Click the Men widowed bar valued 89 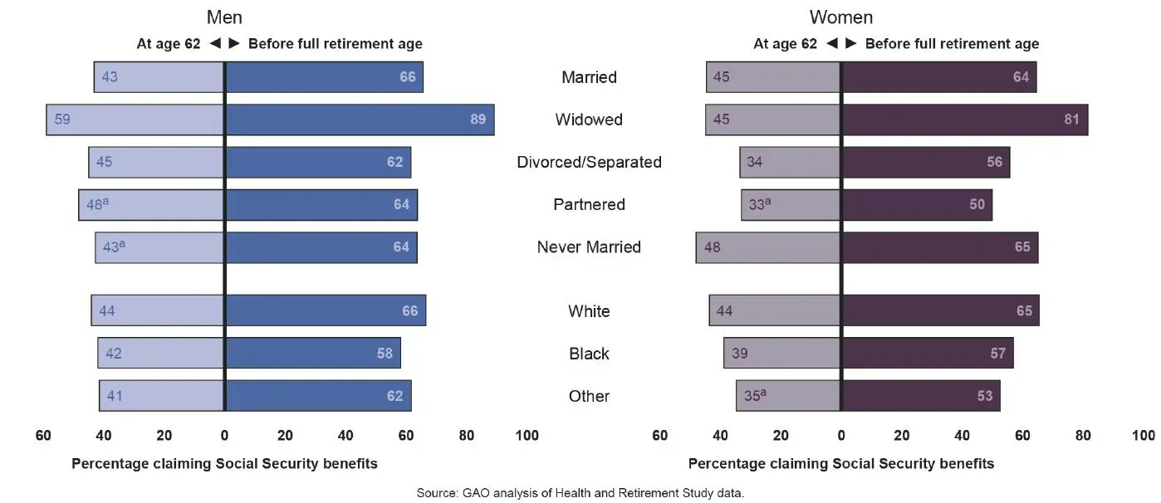[x=360, y=120]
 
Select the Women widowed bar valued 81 [x=964, y=120]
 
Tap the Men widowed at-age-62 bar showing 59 [x=135, y=120]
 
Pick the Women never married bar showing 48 [x=767, y=247]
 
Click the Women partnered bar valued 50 [x=917, y=205]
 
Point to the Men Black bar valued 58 [x=313, y=354]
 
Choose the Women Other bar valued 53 [x=921, y=396]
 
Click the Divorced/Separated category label [x=589, y=162]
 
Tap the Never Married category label [x=589, y=247]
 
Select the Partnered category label [x=589, y=205]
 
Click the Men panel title [x=224, y=17]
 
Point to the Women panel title [x=841, y=17]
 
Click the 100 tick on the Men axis [x=527, y=436]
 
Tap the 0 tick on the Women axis [x=841, y=436]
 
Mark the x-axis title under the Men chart [x=224, y=464]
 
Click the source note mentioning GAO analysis [x=580, y=493]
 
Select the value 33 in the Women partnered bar [x=757, y=204]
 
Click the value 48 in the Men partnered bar [x=95, y=204]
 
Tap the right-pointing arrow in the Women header [x=852, y=44]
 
